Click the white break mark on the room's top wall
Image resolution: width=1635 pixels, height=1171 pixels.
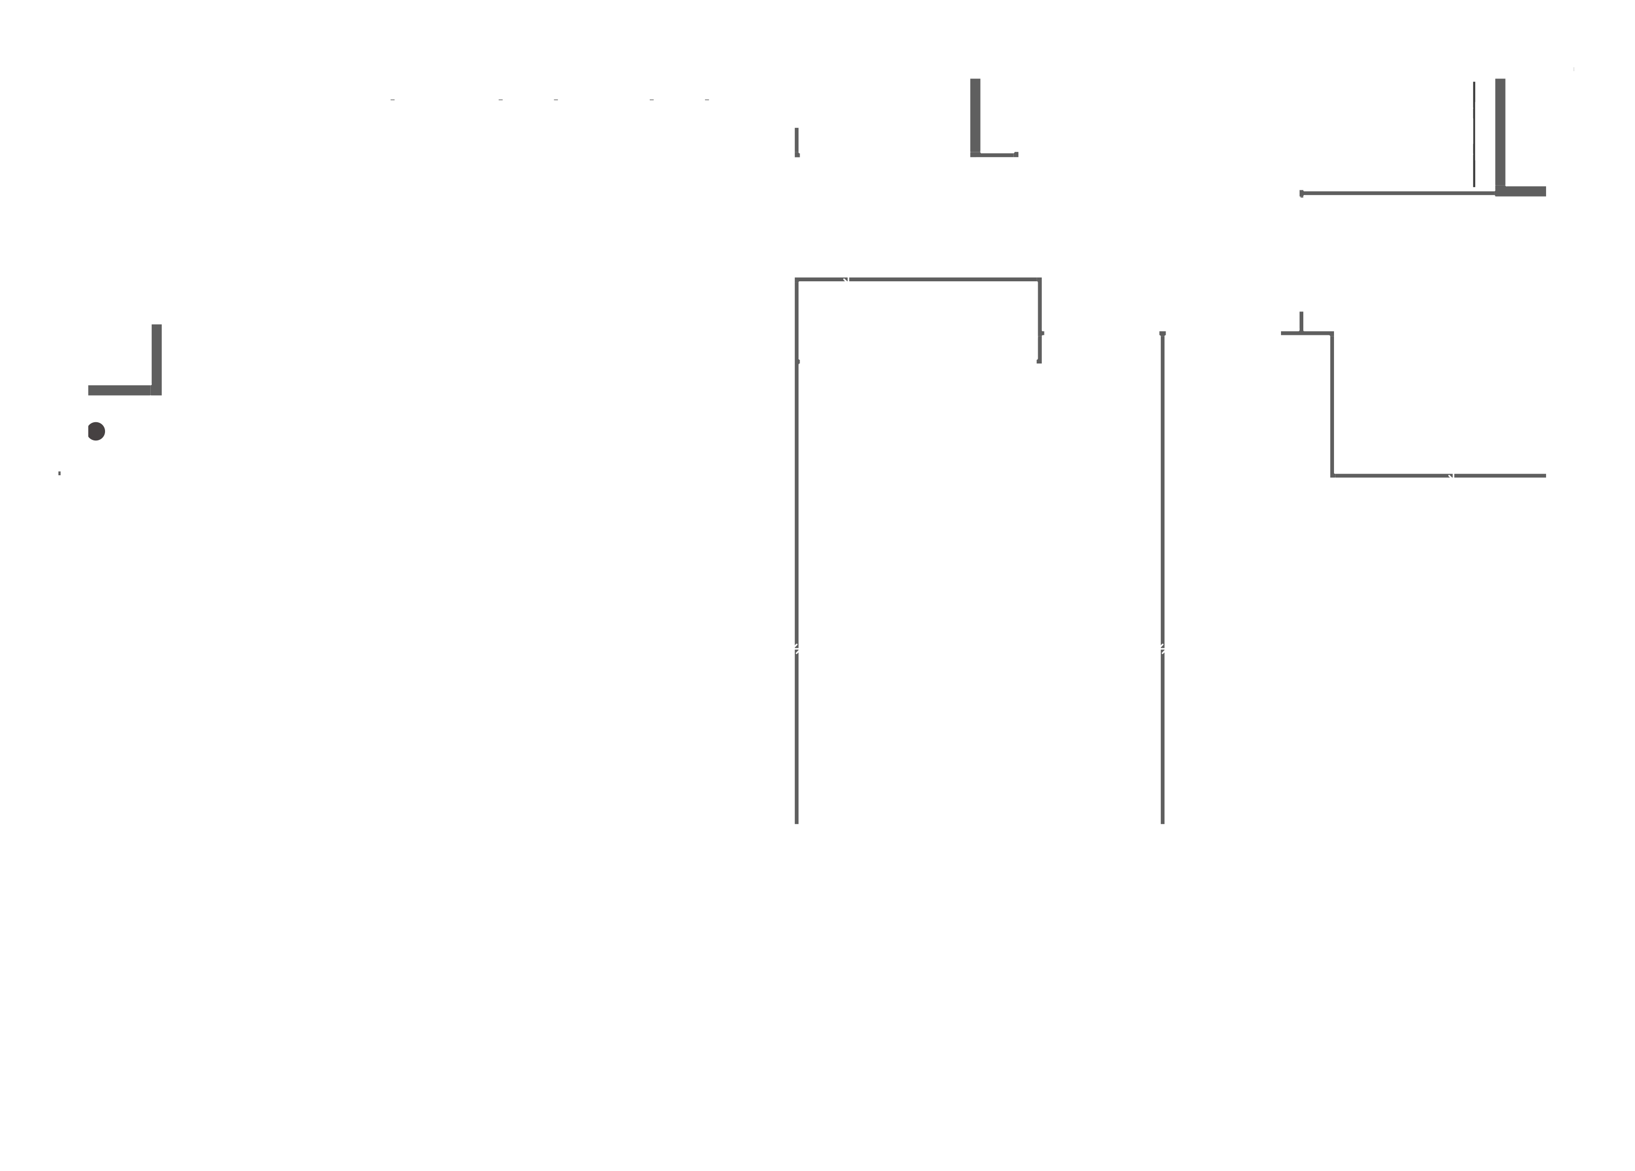tap(847, 279)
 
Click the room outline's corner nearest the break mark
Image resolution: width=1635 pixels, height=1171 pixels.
tap(797, 280)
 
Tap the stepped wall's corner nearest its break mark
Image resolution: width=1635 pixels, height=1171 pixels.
tap(1332, 475)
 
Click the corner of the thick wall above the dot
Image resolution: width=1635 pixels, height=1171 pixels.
tap(156, 390)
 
